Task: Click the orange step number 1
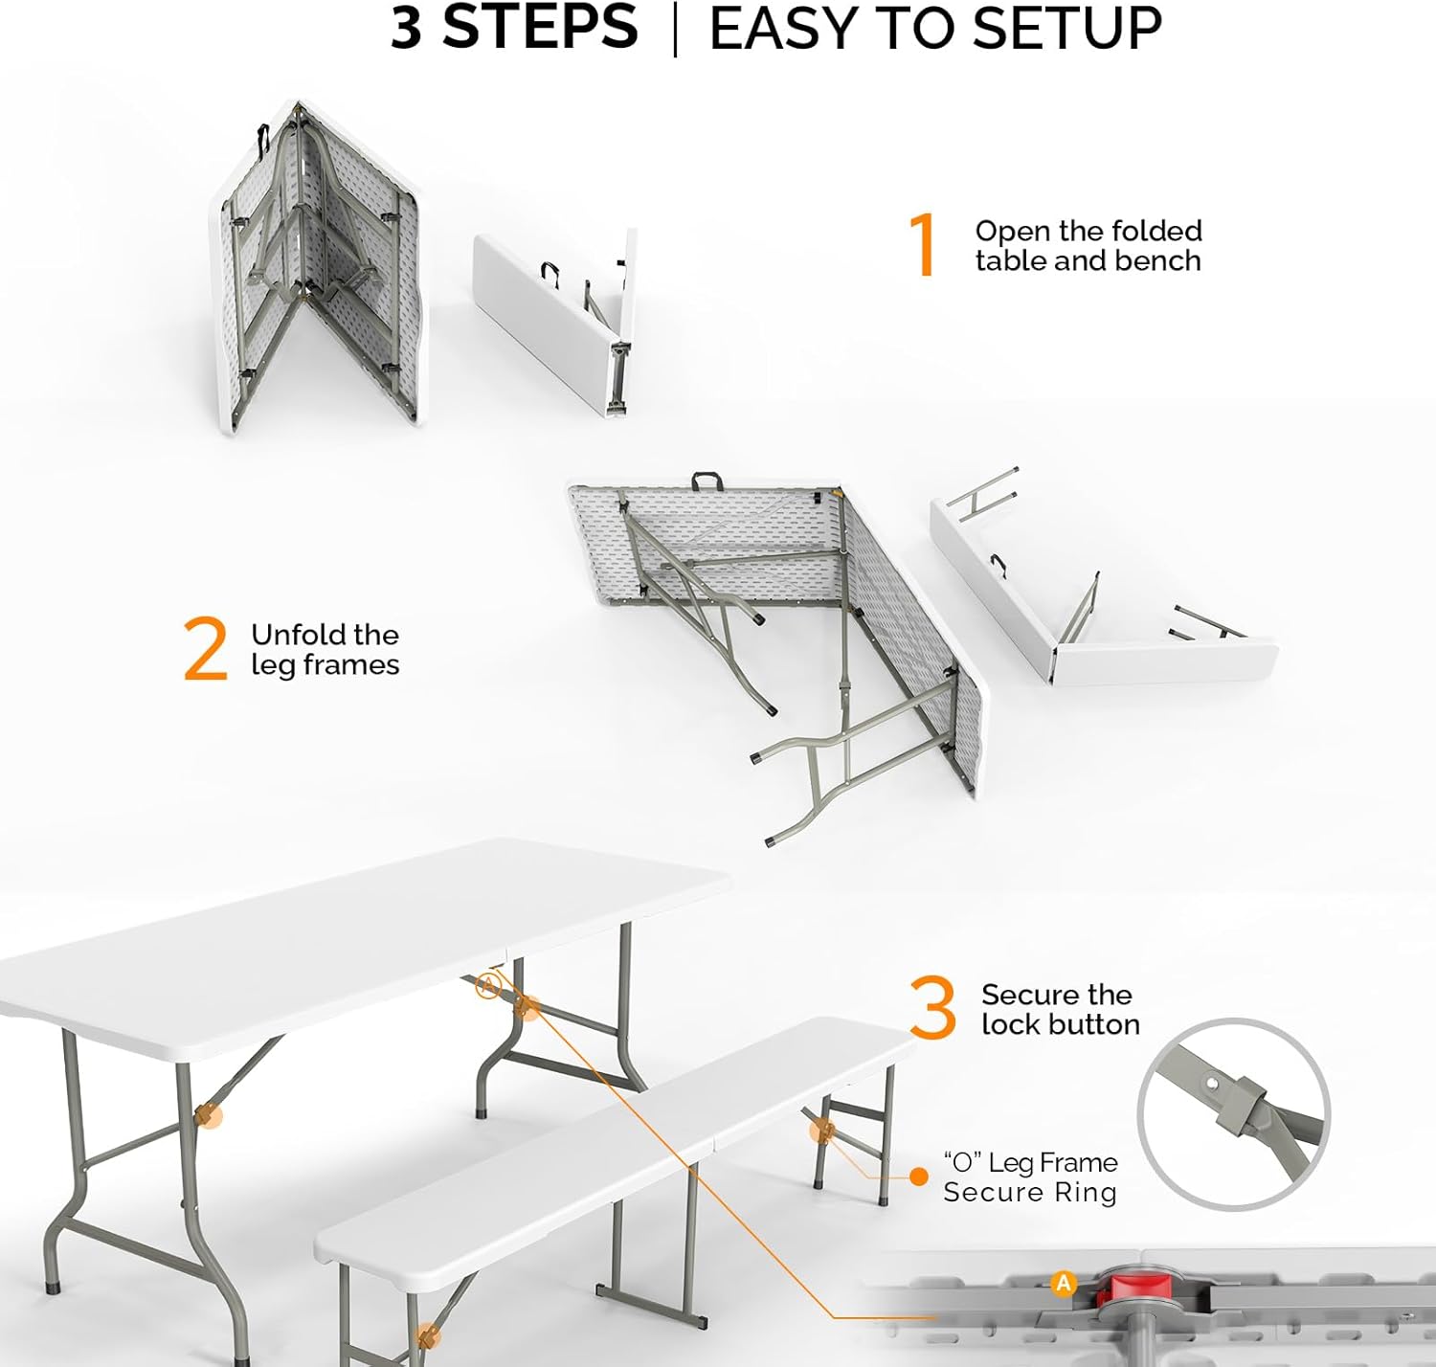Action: point(923,245)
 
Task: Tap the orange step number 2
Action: point(206,649)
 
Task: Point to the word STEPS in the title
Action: point(540,28)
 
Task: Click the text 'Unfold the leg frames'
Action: point(325,649)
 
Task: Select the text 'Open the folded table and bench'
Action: point(1088,245)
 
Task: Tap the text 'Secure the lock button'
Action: point(1060,1009)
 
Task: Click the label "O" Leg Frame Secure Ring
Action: point(1030,1177)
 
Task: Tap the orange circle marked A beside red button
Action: point(1064,1283)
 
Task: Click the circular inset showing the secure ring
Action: point(1233,1113)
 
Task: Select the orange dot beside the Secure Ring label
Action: point(919,1177)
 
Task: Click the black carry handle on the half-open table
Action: point(706,479)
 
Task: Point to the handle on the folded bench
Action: point(550,273)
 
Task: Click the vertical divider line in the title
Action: point(675,29)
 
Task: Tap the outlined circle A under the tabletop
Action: point(488,984)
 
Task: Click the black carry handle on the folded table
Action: point(262,141)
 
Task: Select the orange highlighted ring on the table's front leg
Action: point(208,1115)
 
